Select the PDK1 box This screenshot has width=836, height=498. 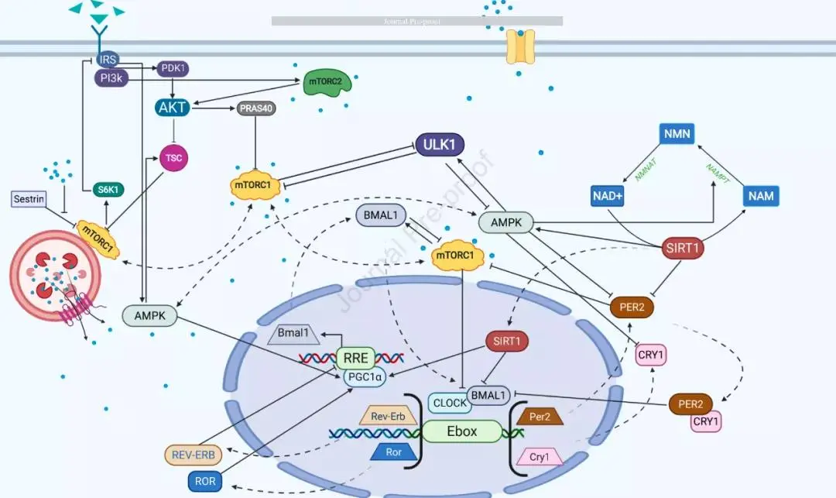point(172,68)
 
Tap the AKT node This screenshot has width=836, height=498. point(173,107)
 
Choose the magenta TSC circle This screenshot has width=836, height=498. point(173,157)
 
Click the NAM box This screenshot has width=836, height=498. point(761,195)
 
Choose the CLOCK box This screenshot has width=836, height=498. point(450,403)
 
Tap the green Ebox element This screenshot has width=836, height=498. point(461,431)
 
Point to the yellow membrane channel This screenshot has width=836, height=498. point(520,47)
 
